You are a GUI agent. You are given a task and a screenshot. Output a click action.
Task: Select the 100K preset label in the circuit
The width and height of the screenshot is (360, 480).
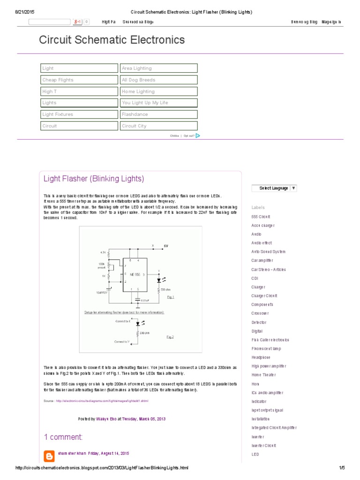click(102, 266)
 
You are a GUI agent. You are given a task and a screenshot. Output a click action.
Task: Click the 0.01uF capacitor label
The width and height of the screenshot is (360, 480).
click(144, 300)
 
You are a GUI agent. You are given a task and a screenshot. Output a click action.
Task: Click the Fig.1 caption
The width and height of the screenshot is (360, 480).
click(170, 297)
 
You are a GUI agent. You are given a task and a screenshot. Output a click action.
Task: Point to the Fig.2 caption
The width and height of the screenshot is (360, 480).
click(170, 337)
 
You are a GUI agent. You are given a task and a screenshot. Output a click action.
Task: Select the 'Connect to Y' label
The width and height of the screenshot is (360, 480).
click(122, 342)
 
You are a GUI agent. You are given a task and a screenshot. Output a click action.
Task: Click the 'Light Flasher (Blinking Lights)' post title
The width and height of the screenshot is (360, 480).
click(94, 179)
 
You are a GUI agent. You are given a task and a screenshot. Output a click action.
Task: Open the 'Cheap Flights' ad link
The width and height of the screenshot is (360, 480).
click(79, 80)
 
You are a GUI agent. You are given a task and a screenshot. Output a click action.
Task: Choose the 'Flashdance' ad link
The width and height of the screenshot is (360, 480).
click(159, 114)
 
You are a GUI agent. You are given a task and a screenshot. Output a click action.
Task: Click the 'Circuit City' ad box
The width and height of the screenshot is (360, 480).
click(159, 126)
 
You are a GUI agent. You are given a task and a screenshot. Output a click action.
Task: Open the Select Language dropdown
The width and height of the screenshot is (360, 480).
click(277, 188)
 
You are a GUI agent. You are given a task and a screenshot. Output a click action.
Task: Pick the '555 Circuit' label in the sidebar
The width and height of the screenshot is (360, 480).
click(261, 217)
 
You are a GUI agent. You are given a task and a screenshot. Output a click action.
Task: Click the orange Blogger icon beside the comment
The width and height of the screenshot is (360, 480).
click(49, 456)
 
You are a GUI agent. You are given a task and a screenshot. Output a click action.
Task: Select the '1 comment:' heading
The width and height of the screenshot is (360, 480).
click(63, 437)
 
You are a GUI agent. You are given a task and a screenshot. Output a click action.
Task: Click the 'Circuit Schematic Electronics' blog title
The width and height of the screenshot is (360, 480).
click(112, 40)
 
